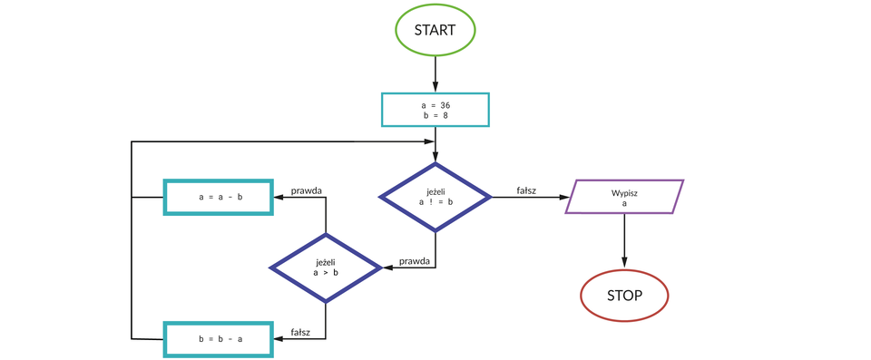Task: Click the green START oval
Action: click(x=435, y=29)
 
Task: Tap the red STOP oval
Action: click(x=624, y=295)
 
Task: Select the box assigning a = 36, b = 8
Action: click(x=435, y=110)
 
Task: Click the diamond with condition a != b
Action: click(x=435, y=197)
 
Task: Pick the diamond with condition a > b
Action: click(x=326, y=267)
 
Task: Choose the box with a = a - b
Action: click(x=219, y=197)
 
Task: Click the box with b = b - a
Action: click(x=219, y=338)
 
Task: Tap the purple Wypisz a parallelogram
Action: click(x=624, y=197)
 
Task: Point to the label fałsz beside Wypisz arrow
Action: click(x=526, y=190)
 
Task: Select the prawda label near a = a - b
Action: click(x=307, y=190)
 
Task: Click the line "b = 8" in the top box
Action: click(x=435, y=116)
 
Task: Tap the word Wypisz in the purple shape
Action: click(x=624, y=192)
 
